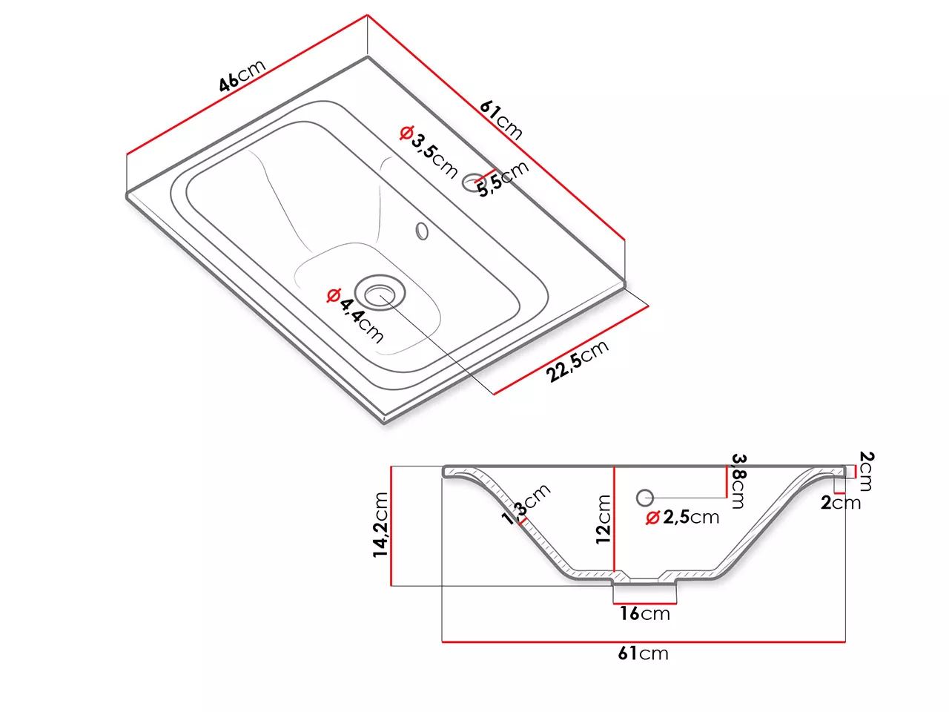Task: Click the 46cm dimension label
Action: (242, 76)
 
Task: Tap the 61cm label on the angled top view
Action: (501, 120)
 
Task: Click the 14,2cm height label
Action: (380, 525)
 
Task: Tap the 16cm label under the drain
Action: (644, 613)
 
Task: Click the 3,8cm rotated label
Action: (738, 481)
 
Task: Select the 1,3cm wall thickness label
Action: (526, 504)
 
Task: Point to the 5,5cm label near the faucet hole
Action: (503, 179)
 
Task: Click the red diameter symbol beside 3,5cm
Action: (406, 133)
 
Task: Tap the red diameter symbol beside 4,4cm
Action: (334, 295)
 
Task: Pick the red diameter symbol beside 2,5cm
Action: (652, 518)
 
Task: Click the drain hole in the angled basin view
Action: (379, 293)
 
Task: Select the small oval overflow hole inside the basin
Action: (422, 231)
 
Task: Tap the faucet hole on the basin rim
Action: (473, 182)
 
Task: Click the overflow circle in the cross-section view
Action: (644, 498)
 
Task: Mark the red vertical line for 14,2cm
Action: (391, 526)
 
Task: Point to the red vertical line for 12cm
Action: (614, 519)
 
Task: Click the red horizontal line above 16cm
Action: (644, 603)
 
